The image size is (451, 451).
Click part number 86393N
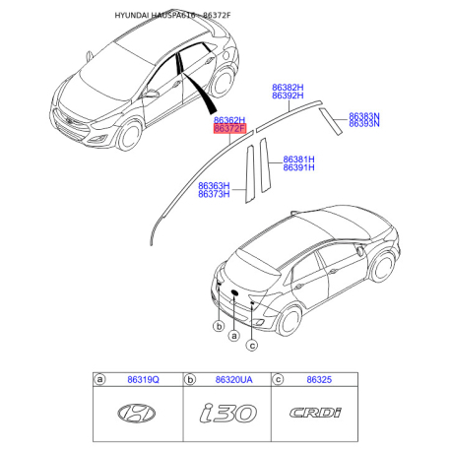click(363, 126)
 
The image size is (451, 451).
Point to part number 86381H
click(298, 159)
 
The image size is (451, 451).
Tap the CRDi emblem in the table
click(313, 415)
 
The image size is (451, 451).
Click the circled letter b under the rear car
click(216, 324)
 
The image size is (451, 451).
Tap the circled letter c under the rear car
click(252, 345)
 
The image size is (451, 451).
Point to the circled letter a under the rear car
click(234, 335)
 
